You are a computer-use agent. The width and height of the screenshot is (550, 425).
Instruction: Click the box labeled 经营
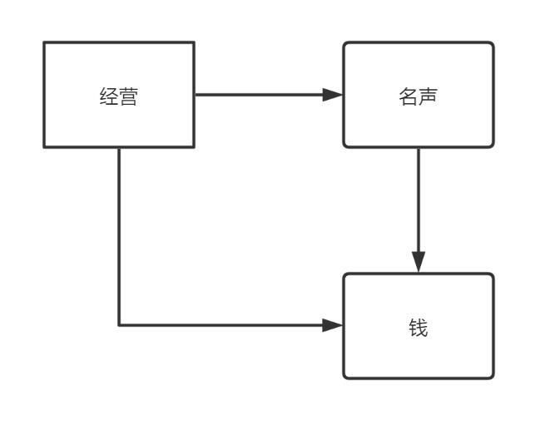click(x=119, y=95)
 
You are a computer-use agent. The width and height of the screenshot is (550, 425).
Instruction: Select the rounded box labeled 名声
click(x=419, y=95)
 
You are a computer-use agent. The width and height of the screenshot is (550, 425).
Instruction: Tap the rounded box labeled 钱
click(x=419, y=326)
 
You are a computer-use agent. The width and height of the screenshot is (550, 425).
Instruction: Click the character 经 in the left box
click(x=108, y=96)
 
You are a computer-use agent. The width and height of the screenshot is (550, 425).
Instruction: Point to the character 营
click(x=128, y=96)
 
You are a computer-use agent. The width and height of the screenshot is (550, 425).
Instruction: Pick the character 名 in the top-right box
click(x=409, y=96)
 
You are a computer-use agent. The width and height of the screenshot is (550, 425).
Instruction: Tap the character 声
click(x=429, y=96)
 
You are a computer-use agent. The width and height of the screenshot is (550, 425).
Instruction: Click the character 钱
click(x=419, y=328)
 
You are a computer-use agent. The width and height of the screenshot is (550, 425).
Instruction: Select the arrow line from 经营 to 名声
click(x=258, y=95)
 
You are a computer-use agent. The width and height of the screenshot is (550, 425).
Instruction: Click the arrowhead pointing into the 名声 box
click(x=334, y=95)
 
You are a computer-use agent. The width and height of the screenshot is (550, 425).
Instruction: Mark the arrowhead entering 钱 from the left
click(x=334, y=325)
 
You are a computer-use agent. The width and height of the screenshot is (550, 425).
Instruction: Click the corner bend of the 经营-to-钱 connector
click(x=119, y=325)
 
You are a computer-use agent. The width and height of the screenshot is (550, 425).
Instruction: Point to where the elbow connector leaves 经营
click(x=119, y=148)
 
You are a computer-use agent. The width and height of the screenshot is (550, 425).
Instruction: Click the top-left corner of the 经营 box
click(x=44, y=42)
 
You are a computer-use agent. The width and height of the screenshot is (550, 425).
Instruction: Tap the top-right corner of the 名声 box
click(x=493, y=43)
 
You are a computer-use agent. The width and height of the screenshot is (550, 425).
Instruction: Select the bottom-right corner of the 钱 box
click(x=493, y=378)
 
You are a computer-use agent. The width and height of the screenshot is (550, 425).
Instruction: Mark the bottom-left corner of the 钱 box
click(x=344, y=378)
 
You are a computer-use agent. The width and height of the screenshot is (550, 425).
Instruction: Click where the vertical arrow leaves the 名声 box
click(x=419, y=148)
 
